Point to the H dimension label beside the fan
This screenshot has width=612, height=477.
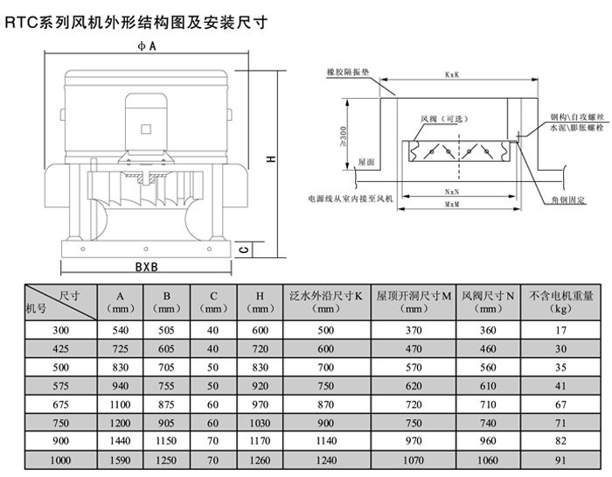(x=271, y=158)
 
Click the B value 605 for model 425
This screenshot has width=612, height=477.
(x=165, y=348)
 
